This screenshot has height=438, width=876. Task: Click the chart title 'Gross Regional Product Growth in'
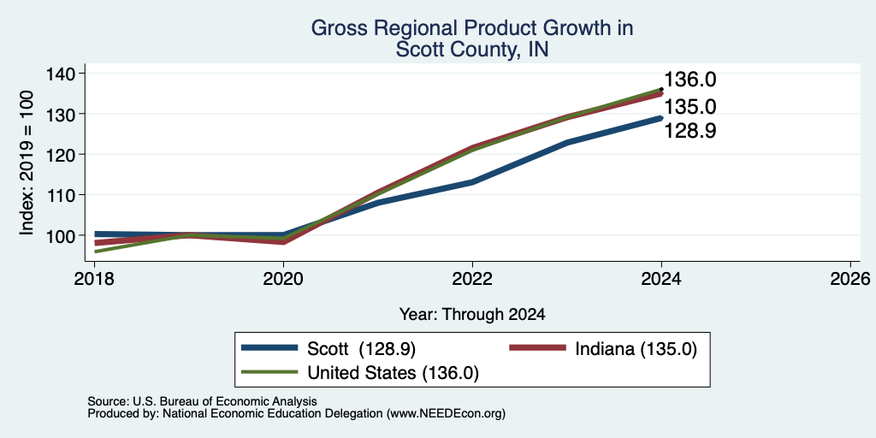[x=472, y=28]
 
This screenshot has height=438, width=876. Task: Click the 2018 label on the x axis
[x=94, y=278]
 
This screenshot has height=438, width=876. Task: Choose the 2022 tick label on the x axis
[x=472, y=278]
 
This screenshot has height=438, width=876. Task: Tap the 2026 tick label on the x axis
[x=850, y=278]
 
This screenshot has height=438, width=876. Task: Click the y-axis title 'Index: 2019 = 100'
[x=27, y=163]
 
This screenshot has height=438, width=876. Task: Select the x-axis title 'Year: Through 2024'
[x=472, y=315]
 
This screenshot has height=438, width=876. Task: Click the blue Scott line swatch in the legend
[x=269, y=348]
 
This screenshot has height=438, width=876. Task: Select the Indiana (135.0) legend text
[x=636, y=349]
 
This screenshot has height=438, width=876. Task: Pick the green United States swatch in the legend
[x=269, y=372]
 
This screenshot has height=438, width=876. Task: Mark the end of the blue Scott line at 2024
[x=661, y=118]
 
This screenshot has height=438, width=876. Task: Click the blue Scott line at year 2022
[x=472, y=182]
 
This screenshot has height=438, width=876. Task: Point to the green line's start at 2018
[x=95, y=252]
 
